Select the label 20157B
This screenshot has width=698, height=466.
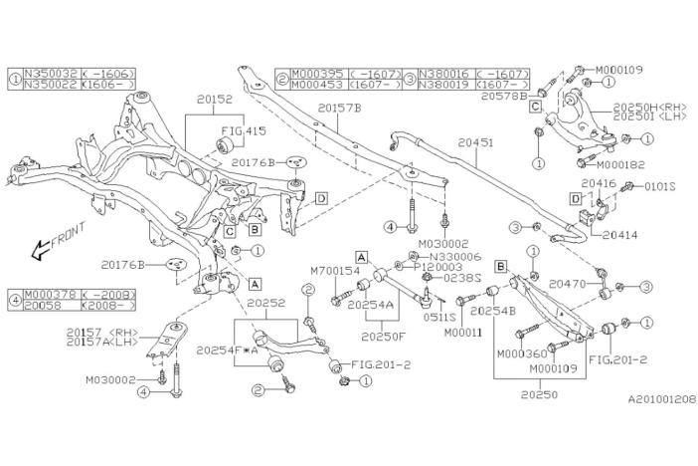point(340,107)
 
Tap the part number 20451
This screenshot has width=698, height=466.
point(475,142)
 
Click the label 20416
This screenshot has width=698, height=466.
point(599,184)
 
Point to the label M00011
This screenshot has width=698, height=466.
point(463,332)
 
